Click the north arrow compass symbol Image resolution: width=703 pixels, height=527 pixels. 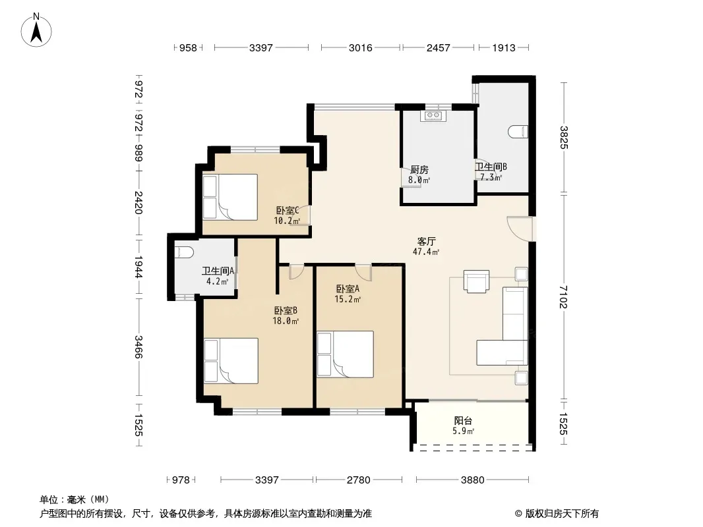[x=36, y=30]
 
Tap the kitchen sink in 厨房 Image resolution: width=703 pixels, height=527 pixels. [x=433, y=115]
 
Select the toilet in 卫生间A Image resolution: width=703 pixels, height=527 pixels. [x=183, y=252]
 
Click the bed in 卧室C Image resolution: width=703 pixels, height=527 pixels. [x=230, y=197]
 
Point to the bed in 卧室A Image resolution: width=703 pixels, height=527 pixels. [x=345, y=354]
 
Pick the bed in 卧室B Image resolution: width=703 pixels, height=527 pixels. [x=231, y=361]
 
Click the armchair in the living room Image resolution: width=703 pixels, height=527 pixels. [x=477, y=281]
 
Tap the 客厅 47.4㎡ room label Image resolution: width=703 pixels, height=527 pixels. [x=425, y=246]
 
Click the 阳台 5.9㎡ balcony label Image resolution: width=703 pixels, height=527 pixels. [x=463, y=426]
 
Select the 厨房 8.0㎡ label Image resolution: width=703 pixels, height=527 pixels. [x=419, y=175]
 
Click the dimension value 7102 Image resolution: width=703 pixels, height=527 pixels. [x=564, y=297]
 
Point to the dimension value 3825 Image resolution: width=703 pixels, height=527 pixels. [x=564, y=138]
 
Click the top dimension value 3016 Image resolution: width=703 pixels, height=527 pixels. [x=361, y=47]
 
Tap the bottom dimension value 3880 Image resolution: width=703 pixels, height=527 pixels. [x=473, y=480]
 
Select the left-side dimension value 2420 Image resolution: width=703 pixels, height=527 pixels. [x=138, y=202]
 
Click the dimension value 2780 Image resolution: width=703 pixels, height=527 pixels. [x=359, y=480]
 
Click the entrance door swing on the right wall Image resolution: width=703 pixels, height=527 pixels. [x=520, y=229]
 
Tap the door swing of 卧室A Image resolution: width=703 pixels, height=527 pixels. [x=363, y=273]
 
